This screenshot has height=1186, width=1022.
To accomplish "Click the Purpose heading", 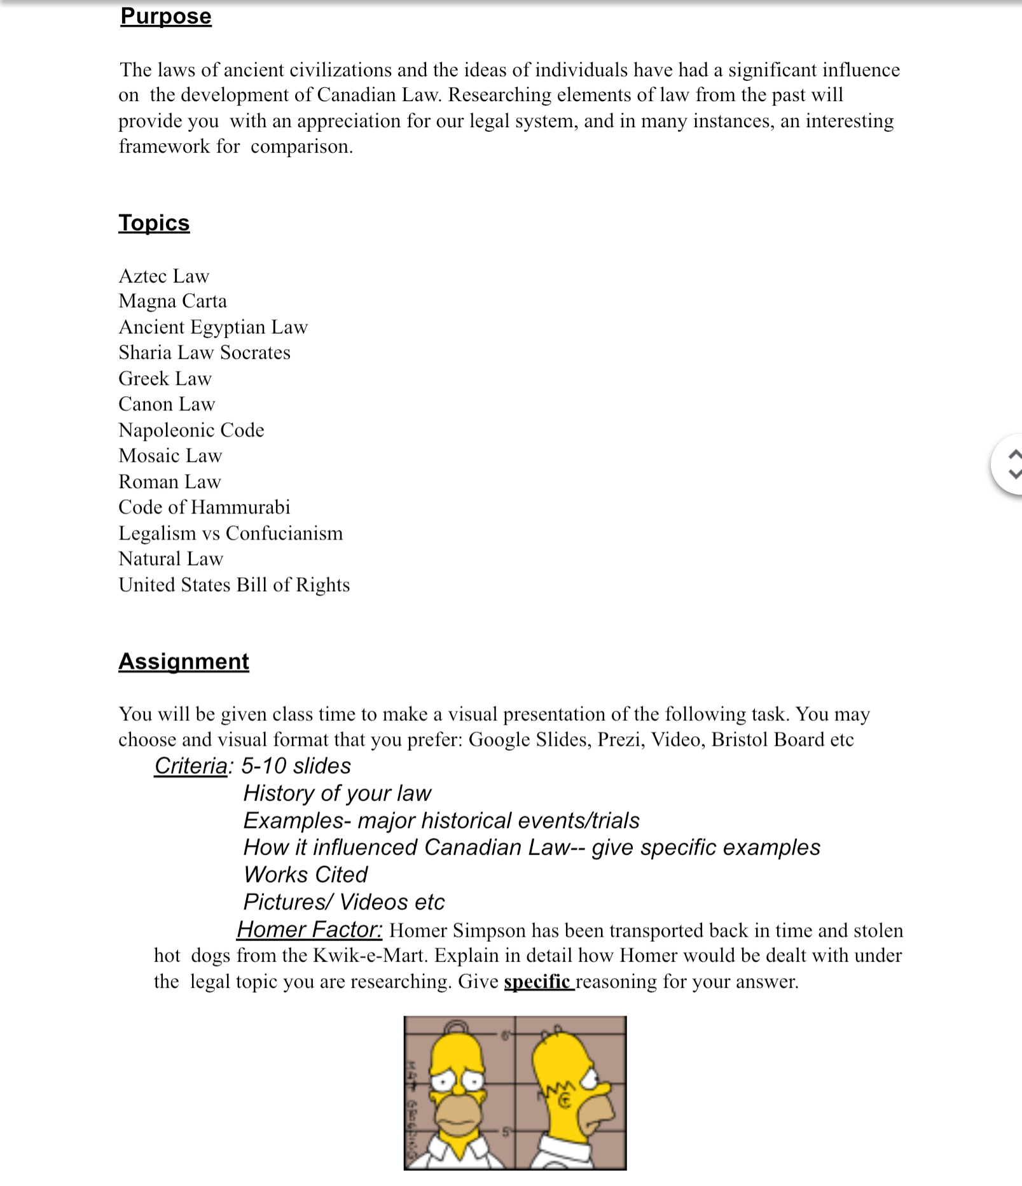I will coord(165,16).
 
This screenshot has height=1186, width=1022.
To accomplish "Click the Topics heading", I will coord(154,223).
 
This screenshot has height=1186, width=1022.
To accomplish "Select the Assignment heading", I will coord(183,661).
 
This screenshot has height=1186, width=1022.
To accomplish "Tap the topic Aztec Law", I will coord(163,276).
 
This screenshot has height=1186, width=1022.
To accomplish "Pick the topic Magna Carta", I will coord(172,301).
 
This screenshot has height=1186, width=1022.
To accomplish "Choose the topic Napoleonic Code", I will coord(191,430).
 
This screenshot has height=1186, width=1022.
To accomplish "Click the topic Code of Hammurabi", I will coord(204,507).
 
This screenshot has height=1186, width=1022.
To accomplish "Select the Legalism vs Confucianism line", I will coord(230,533).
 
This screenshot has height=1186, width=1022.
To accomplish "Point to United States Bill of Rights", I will coord(234,585).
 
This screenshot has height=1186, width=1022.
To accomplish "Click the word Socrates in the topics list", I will coord(255,352).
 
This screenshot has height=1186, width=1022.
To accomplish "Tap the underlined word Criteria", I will coord(190,766).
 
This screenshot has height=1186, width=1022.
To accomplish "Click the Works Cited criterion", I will coord(305,875).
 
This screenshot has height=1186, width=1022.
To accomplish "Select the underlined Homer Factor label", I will coord(309,930).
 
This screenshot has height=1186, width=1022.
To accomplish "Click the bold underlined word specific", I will coord(537,982).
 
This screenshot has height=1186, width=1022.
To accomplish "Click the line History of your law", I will coord(337,793).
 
